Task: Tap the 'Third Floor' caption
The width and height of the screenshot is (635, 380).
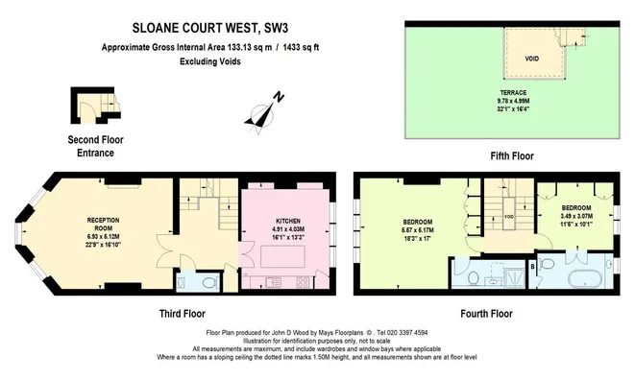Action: tap(183, 313)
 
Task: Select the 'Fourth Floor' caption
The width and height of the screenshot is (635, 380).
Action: tap(486, 313)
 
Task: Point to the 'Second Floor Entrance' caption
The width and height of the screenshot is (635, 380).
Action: tap(96, 146)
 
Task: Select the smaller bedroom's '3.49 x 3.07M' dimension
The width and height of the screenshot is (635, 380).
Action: tap(576, 218)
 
